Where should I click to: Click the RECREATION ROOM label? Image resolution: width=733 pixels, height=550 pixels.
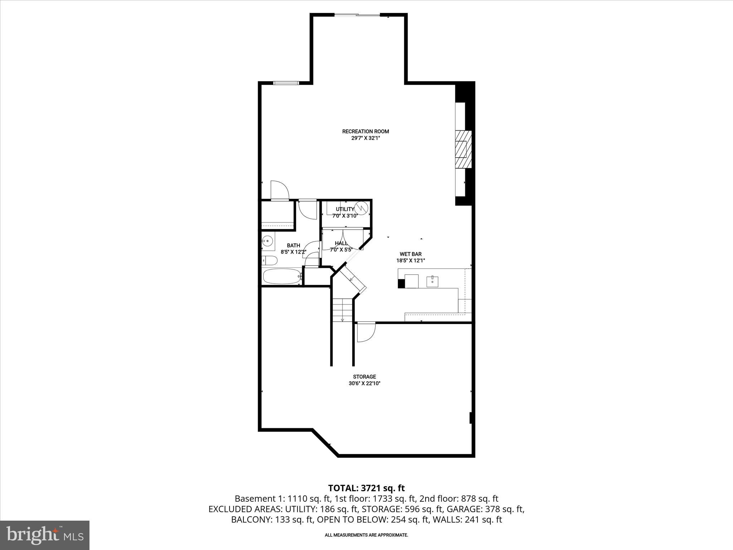pos(365,131)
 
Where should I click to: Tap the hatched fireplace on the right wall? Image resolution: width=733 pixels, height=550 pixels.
pos(463,149)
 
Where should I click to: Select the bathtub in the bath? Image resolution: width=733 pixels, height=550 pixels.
pos(281,276)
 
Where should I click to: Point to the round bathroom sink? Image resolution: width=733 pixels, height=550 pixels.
pos(267,241)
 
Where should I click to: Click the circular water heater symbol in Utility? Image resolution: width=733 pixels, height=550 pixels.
pos(361,208)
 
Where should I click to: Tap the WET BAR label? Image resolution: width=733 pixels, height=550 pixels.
pos(411,254)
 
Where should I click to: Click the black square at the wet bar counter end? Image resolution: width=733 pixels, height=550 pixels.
pos(401,284)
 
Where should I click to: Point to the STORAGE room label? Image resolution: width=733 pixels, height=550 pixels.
pos(364,377)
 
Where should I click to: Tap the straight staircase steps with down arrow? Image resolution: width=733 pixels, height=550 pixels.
pos(343,310)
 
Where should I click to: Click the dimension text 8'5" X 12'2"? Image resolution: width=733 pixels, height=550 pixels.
pos(293,252)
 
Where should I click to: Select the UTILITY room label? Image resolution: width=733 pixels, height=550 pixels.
pos(345,209)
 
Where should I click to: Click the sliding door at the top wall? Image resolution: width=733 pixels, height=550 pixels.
pos(357,15)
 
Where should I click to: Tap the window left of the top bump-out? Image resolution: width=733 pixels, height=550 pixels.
pos(286,83)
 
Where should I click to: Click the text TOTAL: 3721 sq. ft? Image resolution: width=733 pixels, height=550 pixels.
pos(366,488)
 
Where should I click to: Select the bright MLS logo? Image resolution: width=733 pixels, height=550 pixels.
pos(45,535)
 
